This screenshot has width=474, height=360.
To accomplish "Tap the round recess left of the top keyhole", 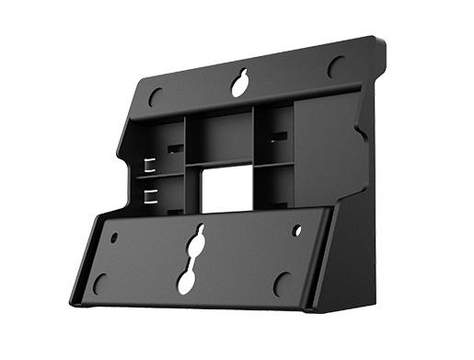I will click(x=156, y=95).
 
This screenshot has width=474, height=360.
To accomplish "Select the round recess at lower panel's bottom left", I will click(x=99, y=282).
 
